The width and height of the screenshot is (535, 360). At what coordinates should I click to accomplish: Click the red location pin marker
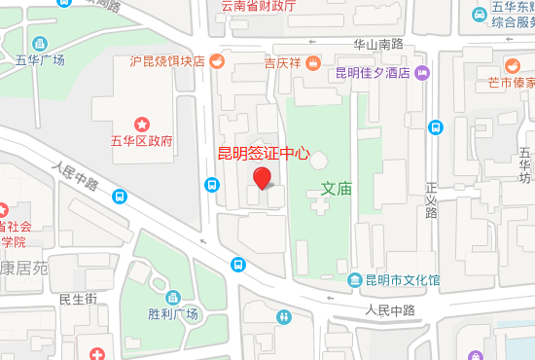(x=262, y=178)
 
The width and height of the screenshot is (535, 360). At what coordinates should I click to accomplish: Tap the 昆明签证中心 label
(x=263, y=153)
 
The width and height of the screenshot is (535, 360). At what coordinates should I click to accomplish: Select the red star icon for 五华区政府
(x=143, y=123)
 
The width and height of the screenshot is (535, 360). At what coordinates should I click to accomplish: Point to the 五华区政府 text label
(x=142, y=141)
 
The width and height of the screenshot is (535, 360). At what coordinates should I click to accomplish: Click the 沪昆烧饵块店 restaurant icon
(x=216, y=61)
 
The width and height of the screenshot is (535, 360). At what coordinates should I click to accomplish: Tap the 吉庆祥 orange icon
(x=313, y=62)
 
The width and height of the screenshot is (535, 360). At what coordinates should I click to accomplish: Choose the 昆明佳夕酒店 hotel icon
(x=422, y=72)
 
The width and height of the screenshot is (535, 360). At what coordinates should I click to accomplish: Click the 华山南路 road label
(x=377, y=44)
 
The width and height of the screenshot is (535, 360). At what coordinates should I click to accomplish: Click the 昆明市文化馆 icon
(x=355, y=280)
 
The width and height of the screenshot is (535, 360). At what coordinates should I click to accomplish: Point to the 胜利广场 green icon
(x=173, y=297)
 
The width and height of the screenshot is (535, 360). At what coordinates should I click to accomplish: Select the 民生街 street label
(x=77, y=299)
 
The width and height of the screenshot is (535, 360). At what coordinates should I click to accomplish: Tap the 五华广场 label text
(x=40, y=60)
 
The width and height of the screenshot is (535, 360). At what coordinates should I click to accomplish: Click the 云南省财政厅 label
(x=258, y=6)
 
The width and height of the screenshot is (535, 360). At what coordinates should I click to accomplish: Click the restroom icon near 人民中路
(x=283, y=316)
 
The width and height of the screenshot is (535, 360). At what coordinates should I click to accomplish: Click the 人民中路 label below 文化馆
(x=390, y=310)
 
